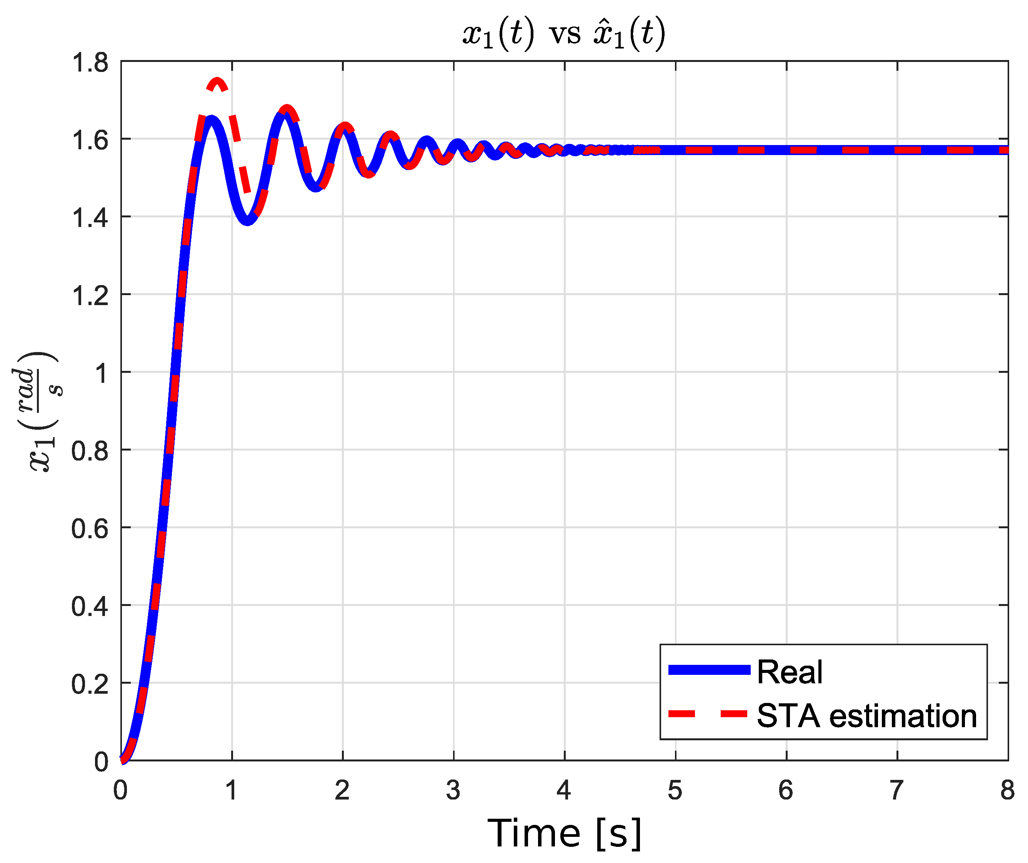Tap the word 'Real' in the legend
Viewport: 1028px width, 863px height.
[789, 672]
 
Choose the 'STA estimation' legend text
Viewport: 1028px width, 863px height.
[866, 716]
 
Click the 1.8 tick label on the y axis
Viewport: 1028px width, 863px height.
[90, 63]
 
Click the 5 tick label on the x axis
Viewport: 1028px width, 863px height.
[675, 790]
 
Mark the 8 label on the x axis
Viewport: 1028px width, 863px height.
[1007, 790]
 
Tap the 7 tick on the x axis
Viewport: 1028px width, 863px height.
[896, 790]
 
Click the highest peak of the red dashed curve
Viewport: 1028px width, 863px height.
[217, 81]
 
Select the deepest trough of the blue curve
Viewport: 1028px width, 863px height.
[248, 220]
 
